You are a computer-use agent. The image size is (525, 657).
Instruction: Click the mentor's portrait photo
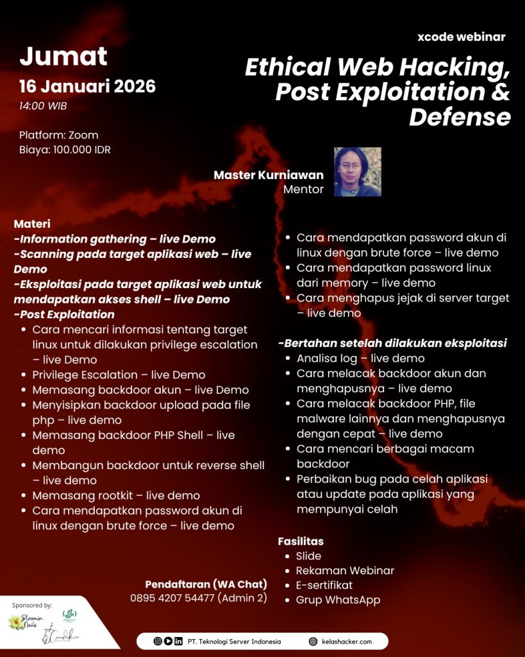click(x=358, y=172)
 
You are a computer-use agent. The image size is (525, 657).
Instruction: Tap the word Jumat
click(x=63, y=56)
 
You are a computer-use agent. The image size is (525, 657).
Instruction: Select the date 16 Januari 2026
click(x=87, y=86)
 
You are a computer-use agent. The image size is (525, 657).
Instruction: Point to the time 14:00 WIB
click(x=43, y=106)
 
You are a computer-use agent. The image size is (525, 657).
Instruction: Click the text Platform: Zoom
click(x=58, y=135)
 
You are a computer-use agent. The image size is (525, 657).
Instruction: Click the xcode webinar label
click(x=461, y=37)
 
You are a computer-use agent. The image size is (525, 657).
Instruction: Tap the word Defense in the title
click(x=460, y=117)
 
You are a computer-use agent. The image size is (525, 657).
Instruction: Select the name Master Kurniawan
click(x=269, y=175)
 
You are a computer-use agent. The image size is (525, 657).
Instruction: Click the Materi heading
click(x=32, y=224)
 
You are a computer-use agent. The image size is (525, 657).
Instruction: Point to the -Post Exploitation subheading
click(x=64, y=314)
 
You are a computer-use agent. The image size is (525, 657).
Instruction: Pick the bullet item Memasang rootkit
click(x=116, y=495)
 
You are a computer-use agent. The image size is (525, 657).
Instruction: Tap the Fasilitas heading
click(x=301, y=542)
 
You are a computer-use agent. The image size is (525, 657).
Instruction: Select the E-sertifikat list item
click(x=324, y=585)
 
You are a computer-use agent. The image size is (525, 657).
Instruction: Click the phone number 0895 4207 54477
click(x=173, y=599)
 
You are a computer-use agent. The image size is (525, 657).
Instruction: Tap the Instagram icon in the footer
click(x=158, y=641)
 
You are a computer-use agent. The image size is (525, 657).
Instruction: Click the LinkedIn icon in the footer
click(x=178, y=641)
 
